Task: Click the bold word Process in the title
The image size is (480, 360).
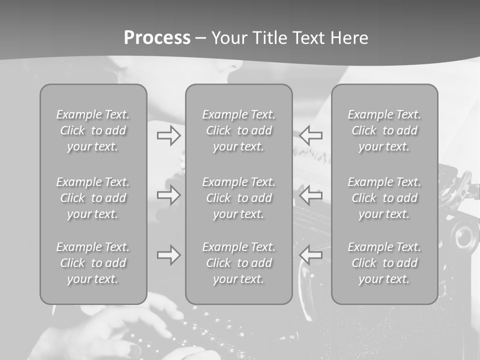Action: tap(157, 38)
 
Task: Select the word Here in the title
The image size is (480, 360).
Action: tap(349, 38)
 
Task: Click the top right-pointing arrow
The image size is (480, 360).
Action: tap(168, 135)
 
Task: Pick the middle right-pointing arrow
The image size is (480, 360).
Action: tap(168, 195)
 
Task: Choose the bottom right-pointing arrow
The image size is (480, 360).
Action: tap(168, 255)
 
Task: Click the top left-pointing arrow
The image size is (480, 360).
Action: tap(311, 135)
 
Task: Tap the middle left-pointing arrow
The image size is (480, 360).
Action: tap(311, 195)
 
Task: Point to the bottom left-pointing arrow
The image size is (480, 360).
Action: tap(311, 255)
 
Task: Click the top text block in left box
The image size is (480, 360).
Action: tap(93, 130)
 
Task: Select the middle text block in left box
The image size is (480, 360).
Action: tap(93, 198)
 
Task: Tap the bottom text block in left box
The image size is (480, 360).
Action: tap(93, 263)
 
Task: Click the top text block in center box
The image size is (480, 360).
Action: tap(239, 130)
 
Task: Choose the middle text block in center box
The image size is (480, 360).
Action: tap(239, 198)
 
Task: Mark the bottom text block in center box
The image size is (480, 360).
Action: tap(239, 263)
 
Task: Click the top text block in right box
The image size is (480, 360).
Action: tap(384, 130)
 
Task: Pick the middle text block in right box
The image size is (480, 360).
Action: tap(384, 198)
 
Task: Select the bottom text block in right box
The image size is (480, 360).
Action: tap(384, 263)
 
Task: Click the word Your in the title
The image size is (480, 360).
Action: tap(228, 38)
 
